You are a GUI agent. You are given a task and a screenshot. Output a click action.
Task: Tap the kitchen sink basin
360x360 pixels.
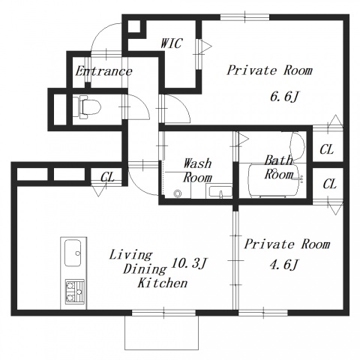(x=73, y=253)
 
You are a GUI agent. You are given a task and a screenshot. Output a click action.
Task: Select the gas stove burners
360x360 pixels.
(x=75, y=292)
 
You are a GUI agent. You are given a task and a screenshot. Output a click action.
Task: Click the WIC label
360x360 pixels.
(x=171, y=43)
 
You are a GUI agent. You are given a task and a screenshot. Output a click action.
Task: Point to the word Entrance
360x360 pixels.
(x=103, y=71)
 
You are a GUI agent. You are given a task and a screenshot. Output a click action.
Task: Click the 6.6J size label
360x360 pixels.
(x=284, y=97)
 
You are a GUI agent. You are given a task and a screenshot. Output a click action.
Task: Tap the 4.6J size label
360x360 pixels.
(x=284, y=265)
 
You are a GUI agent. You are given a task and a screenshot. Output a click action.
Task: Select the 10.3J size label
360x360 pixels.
(x=189, y=263)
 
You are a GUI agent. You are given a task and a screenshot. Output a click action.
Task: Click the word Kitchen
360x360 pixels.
(x=163, y=283)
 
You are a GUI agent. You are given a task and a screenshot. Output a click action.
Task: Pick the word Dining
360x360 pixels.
(x=145, y=269)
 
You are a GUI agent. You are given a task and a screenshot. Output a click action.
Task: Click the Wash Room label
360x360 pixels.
(x=197, y=170)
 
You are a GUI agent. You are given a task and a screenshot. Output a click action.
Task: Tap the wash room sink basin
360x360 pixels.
(x=219, y=192)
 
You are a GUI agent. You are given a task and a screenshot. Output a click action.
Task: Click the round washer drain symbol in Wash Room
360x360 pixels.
(x=178, y=193)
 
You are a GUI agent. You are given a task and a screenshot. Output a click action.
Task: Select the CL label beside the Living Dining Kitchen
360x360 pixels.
(x=107, y=177)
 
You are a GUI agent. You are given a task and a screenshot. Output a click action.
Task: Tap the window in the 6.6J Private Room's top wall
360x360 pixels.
(x=245, y=17)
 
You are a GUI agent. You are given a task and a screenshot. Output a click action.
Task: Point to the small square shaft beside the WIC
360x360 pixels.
(x=134, y=26)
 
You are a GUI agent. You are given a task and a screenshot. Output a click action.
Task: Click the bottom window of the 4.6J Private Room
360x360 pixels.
(x=263, y=313)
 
